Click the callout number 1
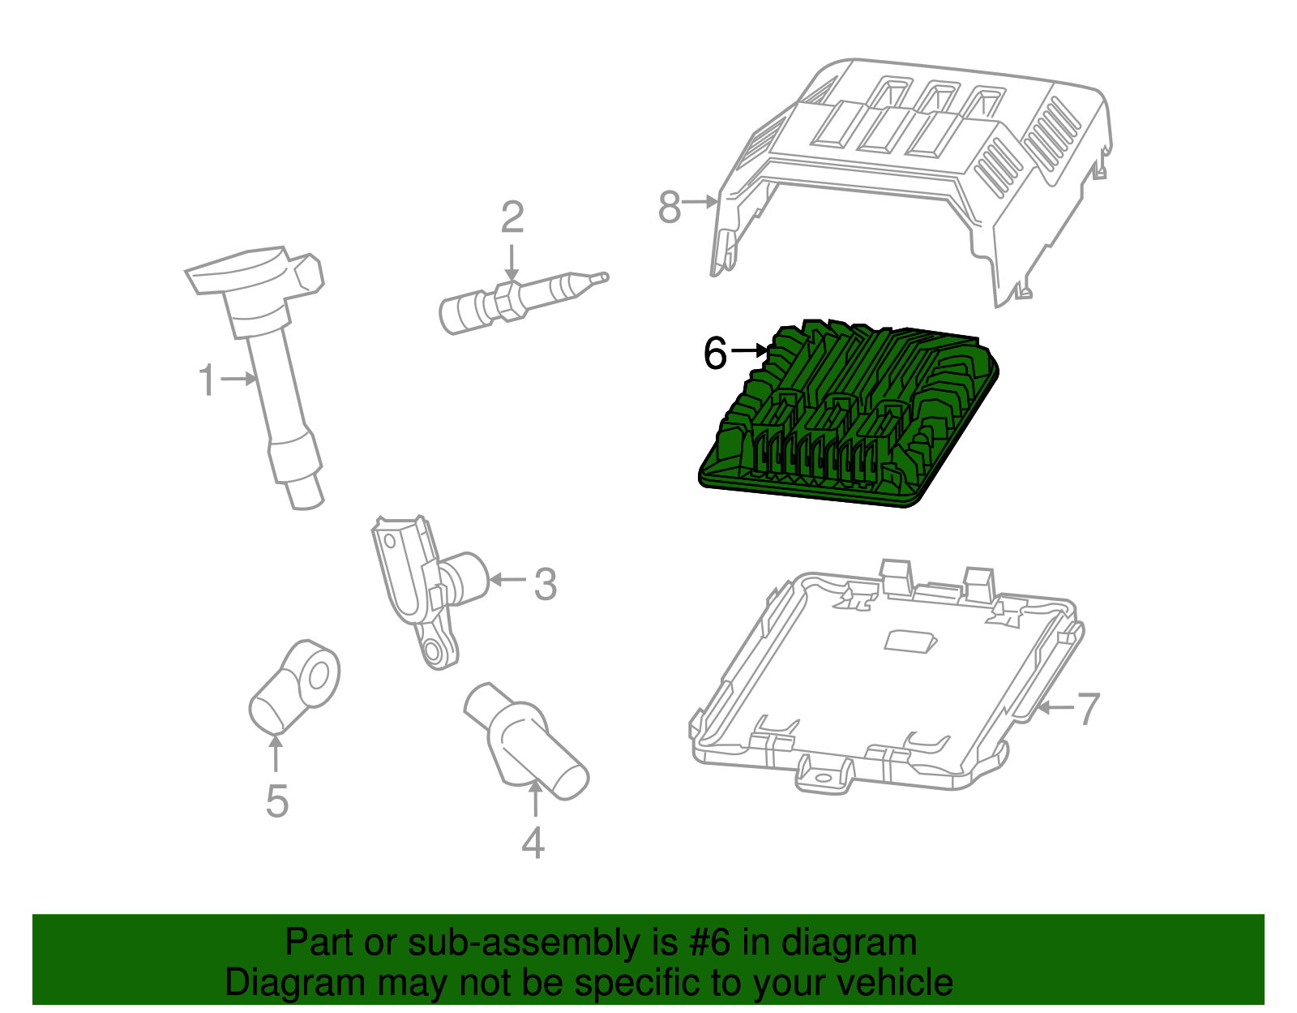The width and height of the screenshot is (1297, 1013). pyautogui.click(x=208, y=380)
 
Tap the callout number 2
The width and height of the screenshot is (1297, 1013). pyautogui.click(x=512, y=217)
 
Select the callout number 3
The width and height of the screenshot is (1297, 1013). pyautogui.click(x=546, y=584)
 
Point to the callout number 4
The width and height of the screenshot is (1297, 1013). pyautogui.click(x=533, y=843)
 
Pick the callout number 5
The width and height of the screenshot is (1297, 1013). pyautogui.click(x=276, y=801)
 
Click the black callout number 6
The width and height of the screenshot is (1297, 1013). pyautogui.click(x=715, y=353)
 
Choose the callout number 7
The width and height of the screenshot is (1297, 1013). pyautogui.click(x=1088, y=708)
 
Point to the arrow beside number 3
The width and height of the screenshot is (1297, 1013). pyautogui.click(x=507, y=579)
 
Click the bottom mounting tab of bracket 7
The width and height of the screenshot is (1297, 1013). pyautogui.click(x=824, y=777)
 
